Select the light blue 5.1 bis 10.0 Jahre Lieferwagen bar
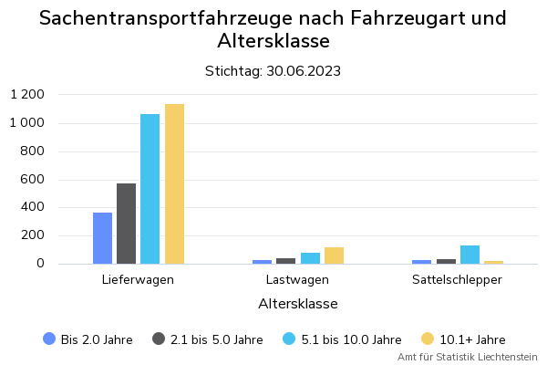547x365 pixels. pos(150,189)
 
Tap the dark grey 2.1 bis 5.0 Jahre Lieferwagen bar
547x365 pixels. pos(126,224)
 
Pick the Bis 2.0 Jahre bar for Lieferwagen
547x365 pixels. pos(102,238)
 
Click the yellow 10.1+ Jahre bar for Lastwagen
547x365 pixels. pos(334,255)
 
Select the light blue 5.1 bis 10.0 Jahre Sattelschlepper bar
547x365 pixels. pos(470,255)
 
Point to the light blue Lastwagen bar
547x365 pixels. pos(310,258)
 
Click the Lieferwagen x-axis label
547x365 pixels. pos(138,279)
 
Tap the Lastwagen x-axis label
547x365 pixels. pos(298,279)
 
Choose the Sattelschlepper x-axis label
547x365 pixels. pos(457,279)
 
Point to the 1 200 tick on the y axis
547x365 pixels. pos(27,95)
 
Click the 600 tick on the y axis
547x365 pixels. pos(34,180)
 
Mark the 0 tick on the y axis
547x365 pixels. pos(40,264)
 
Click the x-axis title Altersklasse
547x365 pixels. pos(298,303)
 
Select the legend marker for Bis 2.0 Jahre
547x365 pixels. pos(49,339)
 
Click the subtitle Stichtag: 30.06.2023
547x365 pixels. pos(273,71)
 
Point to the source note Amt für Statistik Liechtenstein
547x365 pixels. pos(467,357)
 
